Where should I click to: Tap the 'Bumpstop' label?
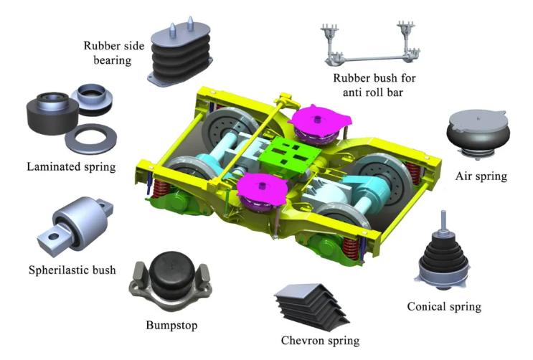(x=170, y=324)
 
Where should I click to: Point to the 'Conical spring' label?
(x=443, y=306)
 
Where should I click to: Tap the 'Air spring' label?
(x=481, y=176)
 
